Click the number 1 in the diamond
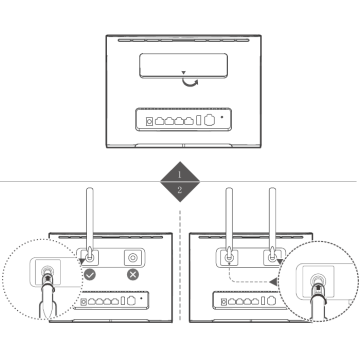pyautogui.click(x=179, y=174)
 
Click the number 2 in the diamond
pyautogui.click(x=180, y=190)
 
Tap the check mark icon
pyautogui.click(x=90, y=275)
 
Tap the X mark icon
pyautogui.click(x=133, y=275)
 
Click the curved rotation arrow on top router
pyautogui.click(x=189, y=83)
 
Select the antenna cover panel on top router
pyautogui.click(x=184, y=66)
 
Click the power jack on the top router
pyautogui.click(x=150, y=121)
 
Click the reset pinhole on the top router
pyautogui.click(x=222, y=117)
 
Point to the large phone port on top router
pyautogui.click(x=209, y=120)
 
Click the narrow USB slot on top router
pyautogui.click(x=199, y=120)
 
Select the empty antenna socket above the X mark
pyautogui.click(x=133, y=258)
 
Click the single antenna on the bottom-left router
pyautogui.click(x=90, y=223)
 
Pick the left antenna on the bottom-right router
pyautogui.click(x=229, y=223)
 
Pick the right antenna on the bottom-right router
pyautogui.click(x=272, y=223)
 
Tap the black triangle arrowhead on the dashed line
pyautogui.click(x=273, y=282)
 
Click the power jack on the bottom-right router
pyautogui.click(x=224, y=302)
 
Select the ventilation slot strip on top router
pyautogui.click(x=183, y=41)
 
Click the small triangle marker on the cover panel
pyautogui.click(x=183, y=72)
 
